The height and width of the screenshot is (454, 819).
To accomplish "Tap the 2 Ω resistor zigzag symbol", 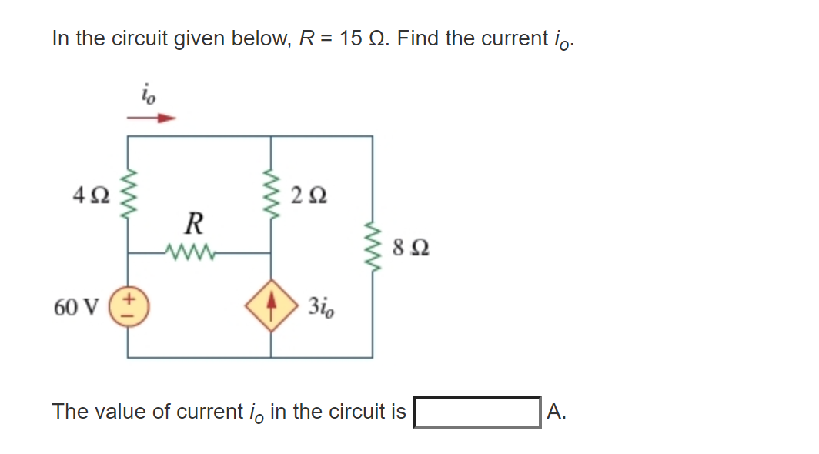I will coord(271,194).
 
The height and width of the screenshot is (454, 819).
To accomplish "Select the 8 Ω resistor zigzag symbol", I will coord(373,248).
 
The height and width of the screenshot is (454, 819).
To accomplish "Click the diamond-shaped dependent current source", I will coord(271,306).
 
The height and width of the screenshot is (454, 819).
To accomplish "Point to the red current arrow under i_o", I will coord(152,119).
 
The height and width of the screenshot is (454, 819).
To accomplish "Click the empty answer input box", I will coord(477,412).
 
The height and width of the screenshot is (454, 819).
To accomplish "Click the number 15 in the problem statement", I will coord(350,38).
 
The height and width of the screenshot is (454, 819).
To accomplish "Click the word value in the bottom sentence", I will coord(119,412).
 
